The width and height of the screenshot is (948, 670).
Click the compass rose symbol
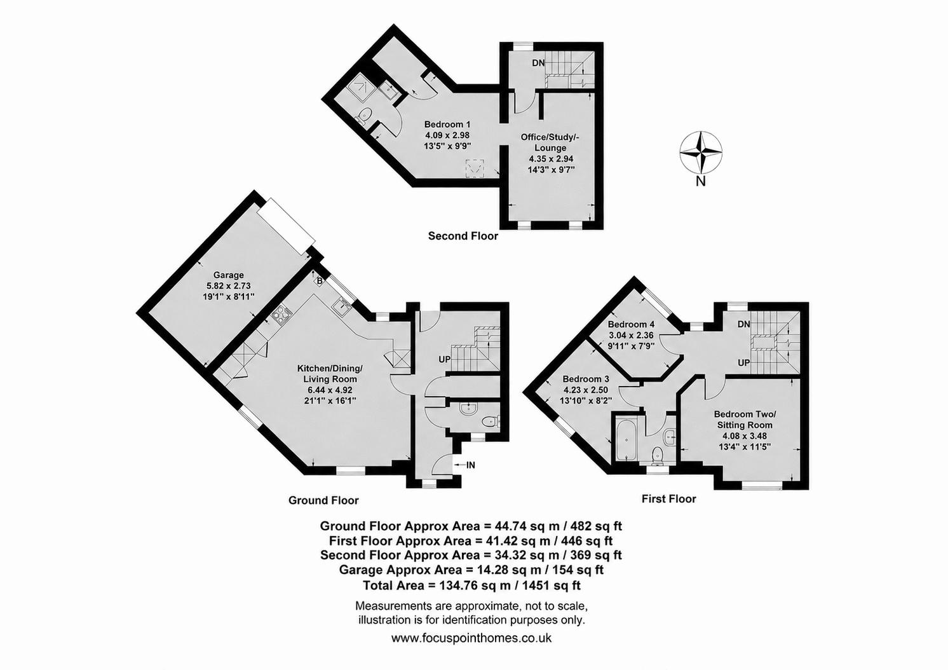(x=701, y=152)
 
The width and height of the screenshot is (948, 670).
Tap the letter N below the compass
(x=701, y=182)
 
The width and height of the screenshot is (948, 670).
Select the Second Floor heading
(x=463, y=236)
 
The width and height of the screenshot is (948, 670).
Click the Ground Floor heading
(x=323, y=500)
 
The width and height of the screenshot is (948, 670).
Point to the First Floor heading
(x=668, y=499)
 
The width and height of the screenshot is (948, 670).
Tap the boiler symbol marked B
(x=320, y=281)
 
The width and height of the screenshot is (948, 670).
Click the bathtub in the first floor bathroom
(x=626, y=441)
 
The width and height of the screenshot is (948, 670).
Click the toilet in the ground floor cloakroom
(x=492, y=421)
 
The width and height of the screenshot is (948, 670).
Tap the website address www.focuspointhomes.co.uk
(x=471, y=650)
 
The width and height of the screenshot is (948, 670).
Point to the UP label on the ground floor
(x=444, y=360)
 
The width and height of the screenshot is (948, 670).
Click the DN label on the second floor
(x=538, y=63)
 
